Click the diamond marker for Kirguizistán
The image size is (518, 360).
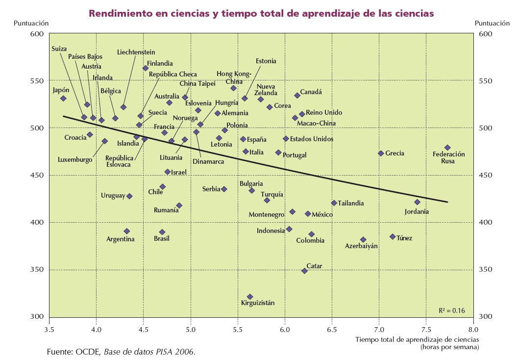pyautogui.click(x=250, y=297)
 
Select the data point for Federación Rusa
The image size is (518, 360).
pyautogui.click(x=447, y=148)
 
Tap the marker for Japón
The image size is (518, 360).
pyautogui.click(x=63, y=99)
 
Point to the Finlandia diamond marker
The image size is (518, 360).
pyautogui.click(x=146, y=68)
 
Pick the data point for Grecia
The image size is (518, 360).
pyautogui.click(x=381, y=154)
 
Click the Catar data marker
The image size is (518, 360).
pyautogui.click(x=304, y=271)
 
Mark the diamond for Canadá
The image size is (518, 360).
pyautogui.click(x=297, y=96)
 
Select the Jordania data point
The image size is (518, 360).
pyautogui.click(x=417, y=202)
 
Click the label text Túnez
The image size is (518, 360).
pyautogui.click(x=404, y=238)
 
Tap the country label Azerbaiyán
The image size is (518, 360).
pyautogui.click(x=361, y=246)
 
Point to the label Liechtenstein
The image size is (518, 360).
pyautogui.click(x=136, y=52)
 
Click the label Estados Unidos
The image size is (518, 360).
pyautogui.click(x=312, y=139)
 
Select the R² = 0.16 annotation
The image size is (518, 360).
pyautogui.click(x=452, y=310)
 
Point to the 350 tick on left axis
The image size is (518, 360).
pyautogui.click(x=38, y=270)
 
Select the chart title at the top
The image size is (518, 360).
pyautogui.click(x=261, y=14)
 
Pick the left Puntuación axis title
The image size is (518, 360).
pyautogui.click(x=31, y=23)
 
